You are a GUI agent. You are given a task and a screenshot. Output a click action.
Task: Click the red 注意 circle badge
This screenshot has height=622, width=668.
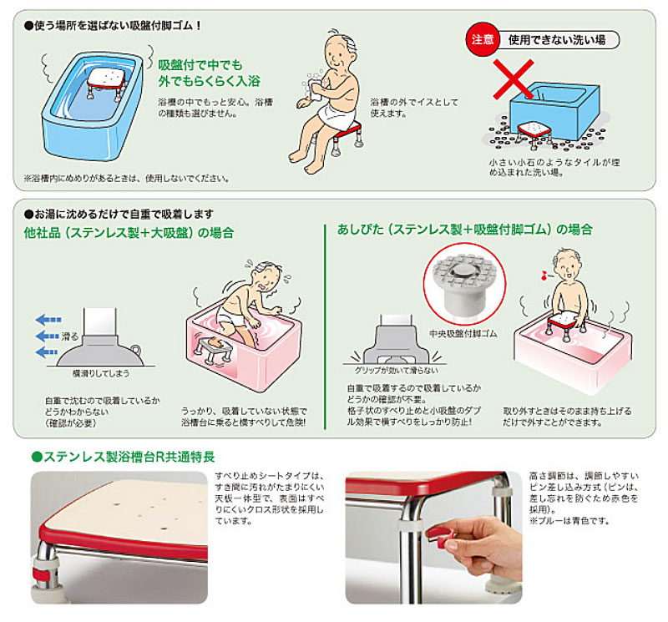click(x=483, y=39)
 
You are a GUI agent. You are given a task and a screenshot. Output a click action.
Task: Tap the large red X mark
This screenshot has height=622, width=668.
click(x=514, y=79)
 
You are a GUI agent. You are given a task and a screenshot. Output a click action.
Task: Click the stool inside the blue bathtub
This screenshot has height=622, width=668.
click(x=107, y=83)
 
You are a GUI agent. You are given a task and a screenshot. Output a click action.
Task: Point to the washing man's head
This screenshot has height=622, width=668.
click(x=340, y=50)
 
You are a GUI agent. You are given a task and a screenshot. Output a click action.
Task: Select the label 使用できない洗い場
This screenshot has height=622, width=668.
click(x=557, y=40)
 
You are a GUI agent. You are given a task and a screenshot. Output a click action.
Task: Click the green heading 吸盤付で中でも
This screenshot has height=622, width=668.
click(x=200, y=65)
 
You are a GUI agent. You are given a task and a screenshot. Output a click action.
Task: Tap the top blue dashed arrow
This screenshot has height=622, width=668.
click(x=48, y=320)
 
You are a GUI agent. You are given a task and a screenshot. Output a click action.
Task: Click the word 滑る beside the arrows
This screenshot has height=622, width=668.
click(x=70, y=336)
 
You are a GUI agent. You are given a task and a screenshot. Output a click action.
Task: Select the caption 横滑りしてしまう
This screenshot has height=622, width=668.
click(x=101, y=373)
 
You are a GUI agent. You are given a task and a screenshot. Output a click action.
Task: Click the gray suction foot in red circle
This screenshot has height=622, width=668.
click(x=464, y=286)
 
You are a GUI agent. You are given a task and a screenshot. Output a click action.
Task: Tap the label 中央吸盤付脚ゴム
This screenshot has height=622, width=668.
click(x=463, y=334)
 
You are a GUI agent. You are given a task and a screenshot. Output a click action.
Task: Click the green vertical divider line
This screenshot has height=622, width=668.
click(x=325, y=326)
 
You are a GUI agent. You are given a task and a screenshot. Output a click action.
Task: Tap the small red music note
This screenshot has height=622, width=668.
click(x=544, y=276)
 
